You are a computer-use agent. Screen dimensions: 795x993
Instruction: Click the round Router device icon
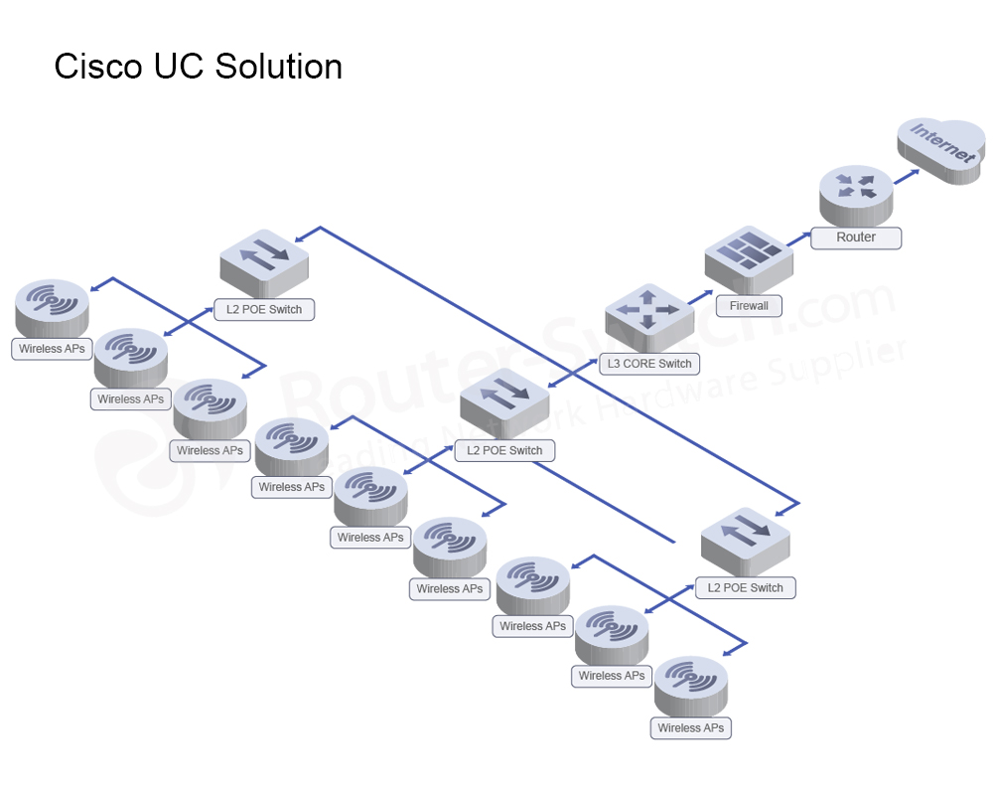(856, 192)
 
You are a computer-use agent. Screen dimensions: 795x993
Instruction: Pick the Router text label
(856, 238)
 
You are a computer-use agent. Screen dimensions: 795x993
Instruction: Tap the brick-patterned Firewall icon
(749, 257)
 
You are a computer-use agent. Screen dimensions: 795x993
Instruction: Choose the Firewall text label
(749, 306)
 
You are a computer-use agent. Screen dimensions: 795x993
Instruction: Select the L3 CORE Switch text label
(649, 364)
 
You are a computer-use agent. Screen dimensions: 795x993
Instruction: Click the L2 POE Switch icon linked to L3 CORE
(504, 403)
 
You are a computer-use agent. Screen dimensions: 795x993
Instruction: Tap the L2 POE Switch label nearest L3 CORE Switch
(504, 450)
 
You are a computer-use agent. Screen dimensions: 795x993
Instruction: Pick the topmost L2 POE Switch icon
(263, 260)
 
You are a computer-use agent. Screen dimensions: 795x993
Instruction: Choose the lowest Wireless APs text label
(691, 727)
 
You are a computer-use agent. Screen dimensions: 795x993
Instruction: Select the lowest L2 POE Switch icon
(745, 541)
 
